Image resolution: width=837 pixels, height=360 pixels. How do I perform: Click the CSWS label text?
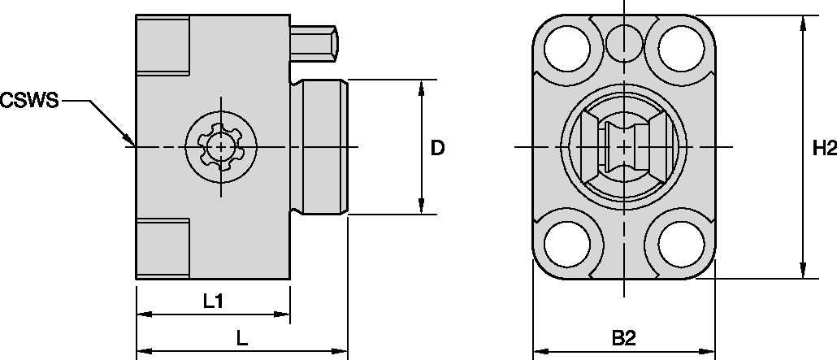click(x=29, y=101)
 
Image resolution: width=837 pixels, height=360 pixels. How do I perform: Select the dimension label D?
click(x=437, y=148)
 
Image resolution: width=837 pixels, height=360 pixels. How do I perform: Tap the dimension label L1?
click(x=213, y=301)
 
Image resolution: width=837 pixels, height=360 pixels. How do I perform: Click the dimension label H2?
click(x=823, y=148)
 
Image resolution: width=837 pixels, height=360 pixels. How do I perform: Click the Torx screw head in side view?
click(x=219, y=147)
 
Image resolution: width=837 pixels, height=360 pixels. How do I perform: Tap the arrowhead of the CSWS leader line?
click(x=130, y=141)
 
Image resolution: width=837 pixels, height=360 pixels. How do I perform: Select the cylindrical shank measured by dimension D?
click(x=323, y=147)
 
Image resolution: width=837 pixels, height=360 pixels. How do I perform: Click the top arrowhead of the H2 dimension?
click(x=803, y=23)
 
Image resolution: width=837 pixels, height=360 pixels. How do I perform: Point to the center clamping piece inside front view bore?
click(x=623, y=147)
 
